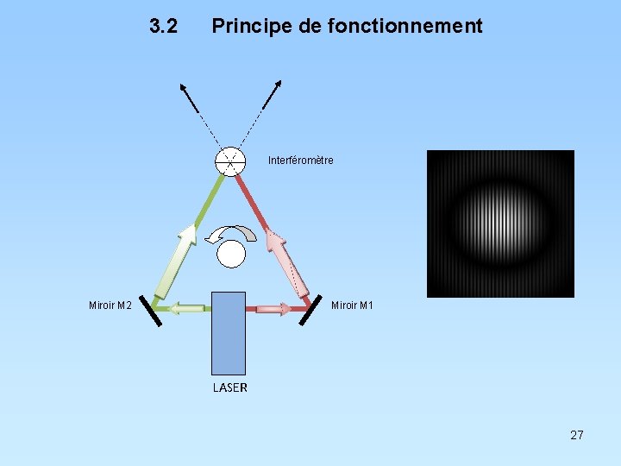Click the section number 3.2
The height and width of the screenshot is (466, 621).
pyautogui.click(x=163, y=27)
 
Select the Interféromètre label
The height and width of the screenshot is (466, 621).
pyautogui.click(x=300, y=161)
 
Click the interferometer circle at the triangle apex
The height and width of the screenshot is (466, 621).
pyautogui.click(x=230, y=161)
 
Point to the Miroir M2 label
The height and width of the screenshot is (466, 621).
pyautogui.click(x=110, y=305)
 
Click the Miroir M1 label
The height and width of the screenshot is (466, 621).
pyautogui.click(x=352, y=305)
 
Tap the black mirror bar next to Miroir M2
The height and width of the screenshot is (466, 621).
pyautogui.click(x=150, y=312)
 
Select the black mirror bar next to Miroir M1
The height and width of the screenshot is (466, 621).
pyautogui.click(x=310, y=312)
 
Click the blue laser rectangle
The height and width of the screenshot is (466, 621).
pyautogui.click(x=229, y=332)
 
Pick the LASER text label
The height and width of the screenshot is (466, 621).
pyautogui.click(x=230, y=387)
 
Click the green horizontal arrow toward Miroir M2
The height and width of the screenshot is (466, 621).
pyautogui.click(x=185, y=308)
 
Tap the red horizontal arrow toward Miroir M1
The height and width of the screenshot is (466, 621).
pyautogui.click(x=273, y=308)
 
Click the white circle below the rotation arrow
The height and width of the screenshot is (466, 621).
pyautogui.click(x=231, y=254)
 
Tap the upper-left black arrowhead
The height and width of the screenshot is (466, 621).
pyautogui.click(x=183, y=87)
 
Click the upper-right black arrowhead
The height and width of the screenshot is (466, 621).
pyautogui.click(x=278, y=86)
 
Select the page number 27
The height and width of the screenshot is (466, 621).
pyautogui.click(x=577, y=435)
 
